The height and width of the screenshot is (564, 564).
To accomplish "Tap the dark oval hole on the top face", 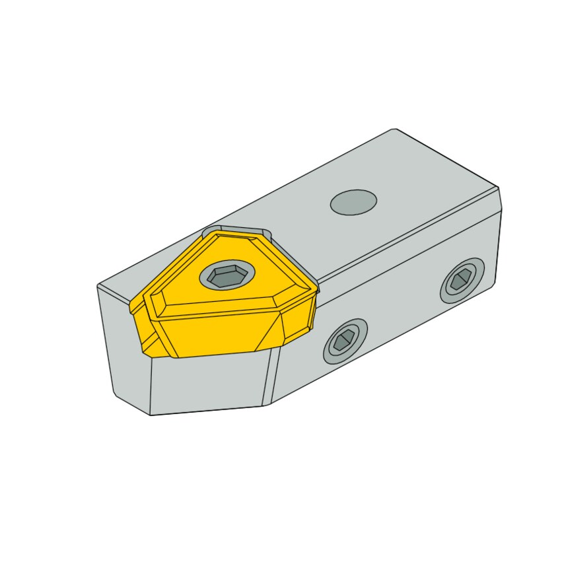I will (x=353, y=202).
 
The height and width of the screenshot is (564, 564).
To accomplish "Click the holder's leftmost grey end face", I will (x=122, y=343).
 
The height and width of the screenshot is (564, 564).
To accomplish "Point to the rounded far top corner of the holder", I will (x=394, y=130).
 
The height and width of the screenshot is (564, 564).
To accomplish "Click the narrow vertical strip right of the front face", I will (x=271, y=376).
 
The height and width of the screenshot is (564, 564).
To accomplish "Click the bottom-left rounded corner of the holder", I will (x=119, y=396).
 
